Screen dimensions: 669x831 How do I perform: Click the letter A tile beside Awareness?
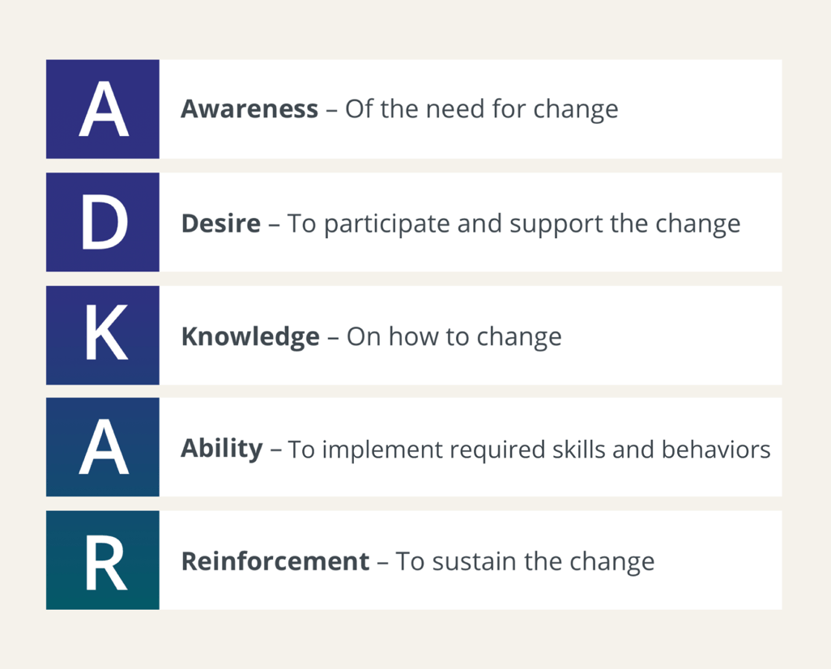103,109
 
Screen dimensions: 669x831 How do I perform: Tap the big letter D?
103,223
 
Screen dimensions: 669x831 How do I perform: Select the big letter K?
103,335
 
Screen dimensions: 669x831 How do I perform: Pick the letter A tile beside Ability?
103,448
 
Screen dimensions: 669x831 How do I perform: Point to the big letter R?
103,560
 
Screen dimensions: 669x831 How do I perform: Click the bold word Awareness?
249,109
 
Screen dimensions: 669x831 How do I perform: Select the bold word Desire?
220,224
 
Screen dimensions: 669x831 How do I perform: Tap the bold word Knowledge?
249,336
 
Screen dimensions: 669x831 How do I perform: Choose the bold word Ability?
221,449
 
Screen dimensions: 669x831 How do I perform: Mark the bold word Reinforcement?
275,561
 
